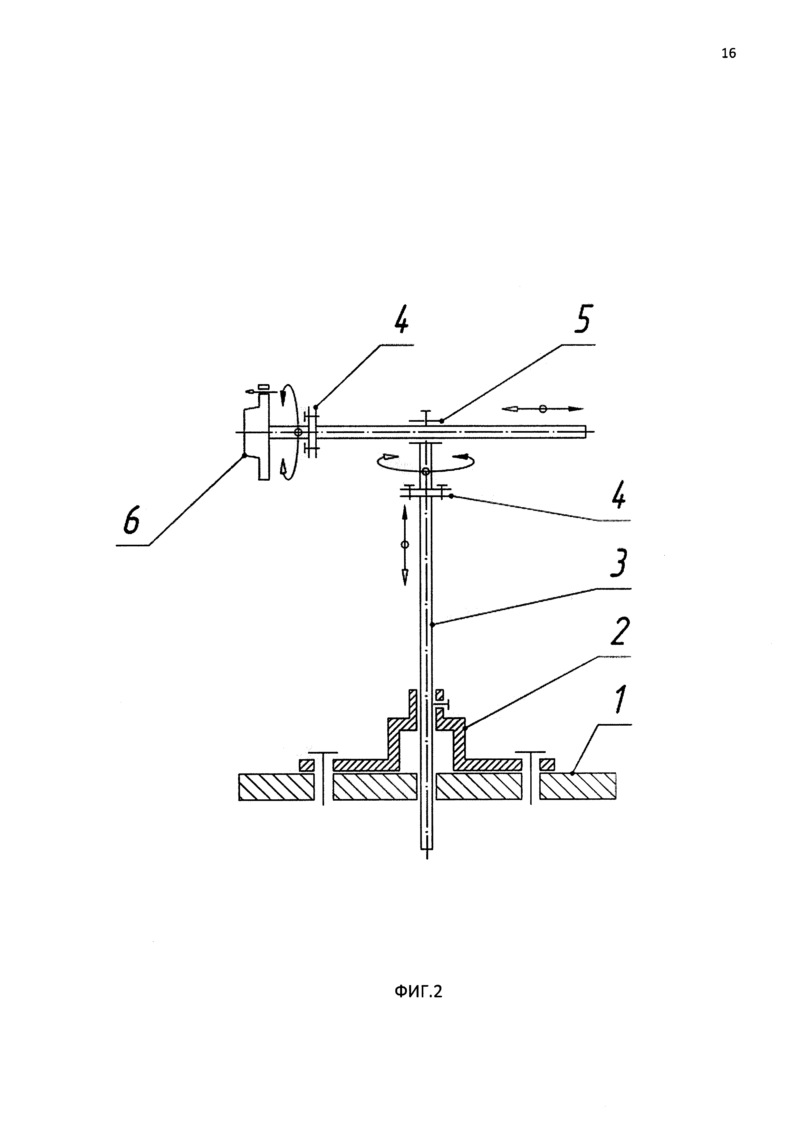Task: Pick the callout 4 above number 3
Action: [619, 496]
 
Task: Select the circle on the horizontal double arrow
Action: [543, 409]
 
